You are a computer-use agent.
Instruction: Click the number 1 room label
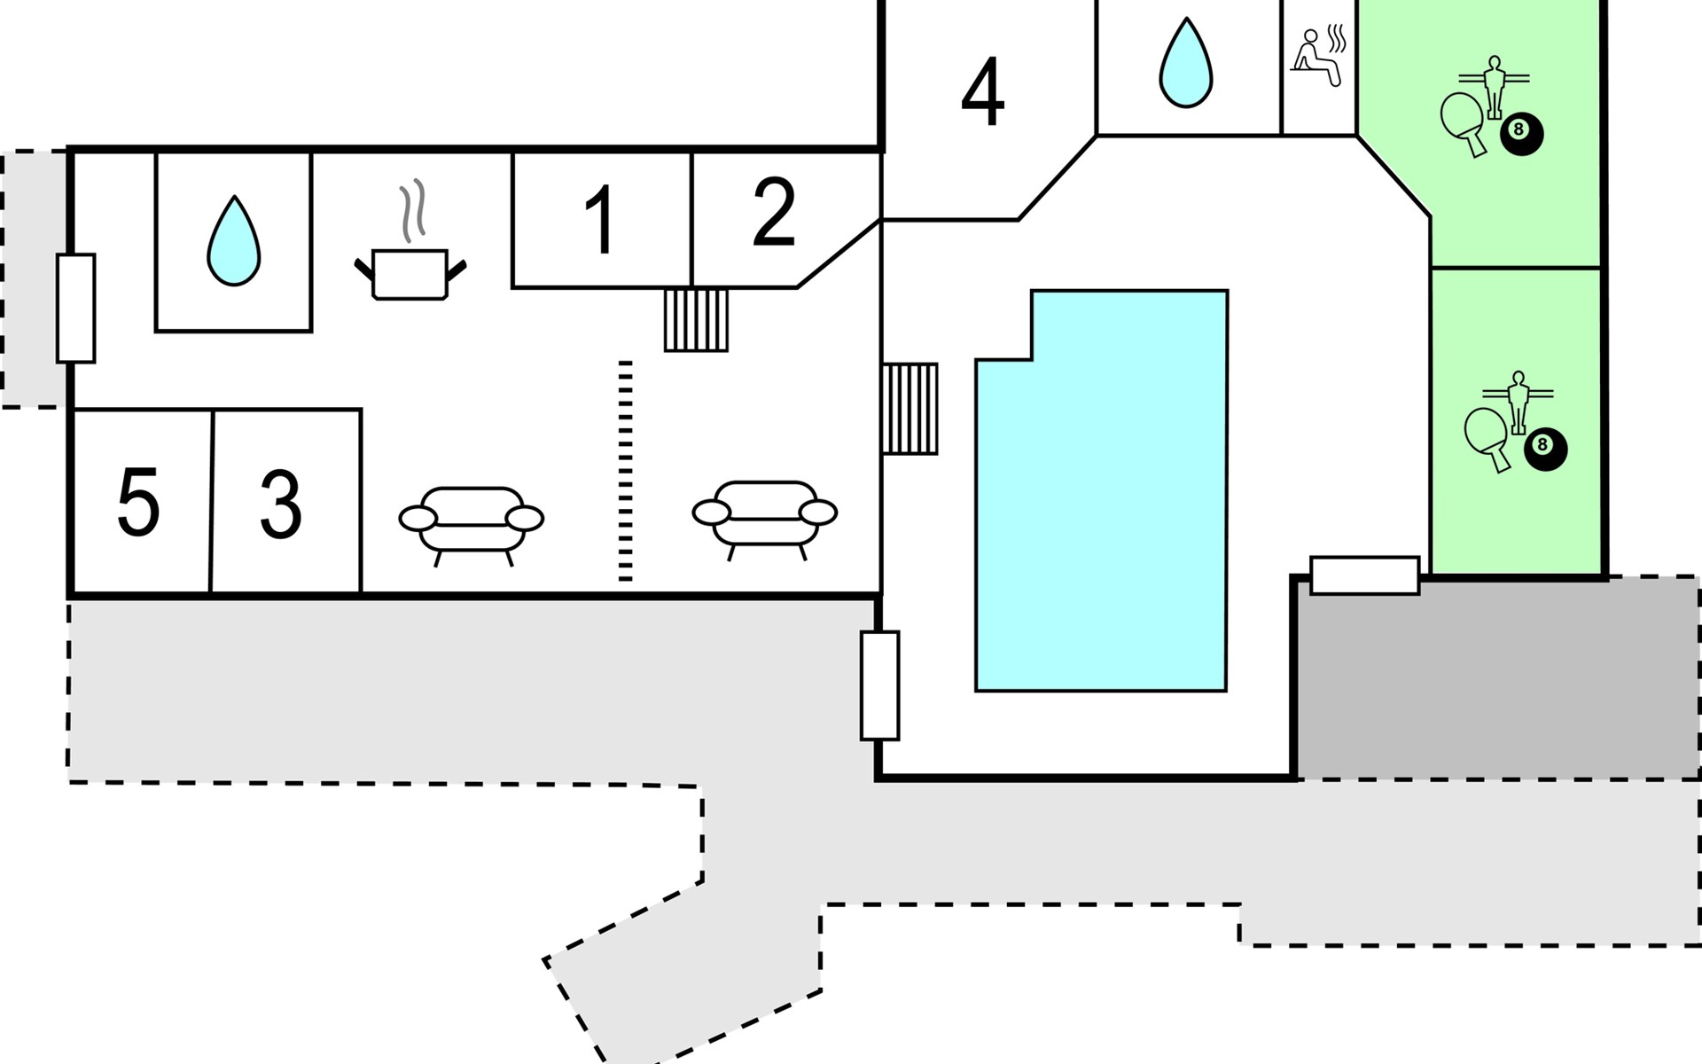(600, 220)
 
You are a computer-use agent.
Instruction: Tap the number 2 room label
(774, 212)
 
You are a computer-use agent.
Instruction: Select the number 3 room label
(280, 504)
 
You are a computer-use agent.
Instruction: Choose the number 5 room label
(138, 503)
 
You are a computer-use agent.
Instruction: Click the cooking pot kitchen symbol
(410, 240)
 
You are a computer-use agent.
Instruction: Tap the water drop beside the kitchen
(234, 240)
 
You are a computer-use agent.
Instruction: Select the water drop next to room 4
(1186, 63)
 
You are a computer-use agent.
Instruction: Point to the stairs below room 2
(697, 320)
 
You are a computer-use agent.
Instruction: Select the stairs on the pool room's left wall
(910, 409)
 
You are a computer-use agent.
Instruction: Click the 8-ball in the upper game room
(1521, 133)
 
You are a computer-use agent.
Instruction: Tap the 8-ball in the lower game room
(1545, 448)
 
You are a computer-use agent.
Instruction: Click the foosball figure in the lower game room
(1519, 402)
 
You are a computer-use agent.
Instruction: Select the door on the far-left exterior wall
(76, 308)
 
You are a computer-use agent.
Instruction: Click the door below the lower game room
(1365, 575)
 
